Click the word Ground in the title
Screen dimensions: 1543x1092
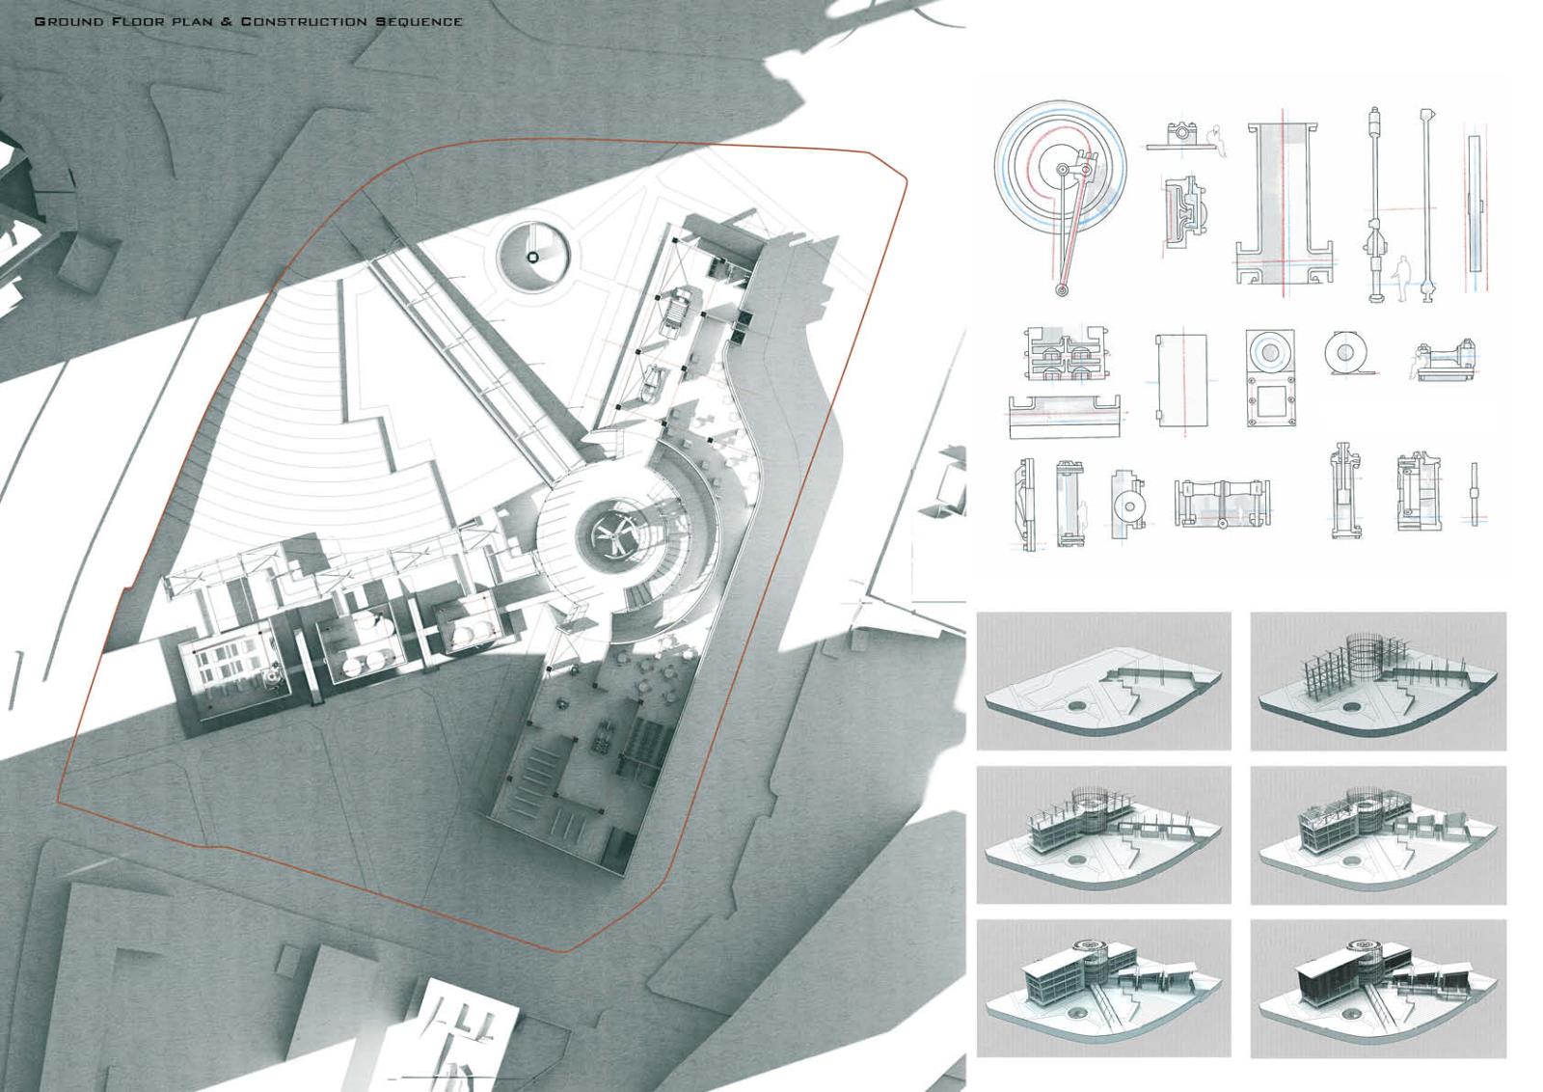point(68,21)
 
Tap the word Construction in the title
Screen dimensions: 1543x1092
point(303,21)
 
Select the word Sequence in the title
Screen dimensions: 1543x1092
point(419,21)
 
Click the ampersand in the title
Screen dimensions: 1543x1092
point(227,21)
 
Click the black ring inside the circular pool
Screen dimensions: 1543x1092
point(532,257)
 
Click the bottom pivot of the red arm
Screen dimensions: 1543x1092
point(1062,290)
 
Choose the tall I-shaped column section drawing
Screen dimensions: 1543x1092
point(1283,205)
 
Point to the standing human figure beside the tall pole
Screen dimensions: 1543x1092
point(1401,279)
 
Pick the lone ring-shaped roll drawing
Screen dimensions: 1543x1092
point(1344,353)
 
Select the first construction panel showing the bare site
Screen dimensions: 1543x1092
point(1103,681)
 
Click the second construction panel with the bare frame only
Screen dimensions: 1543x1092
point(1378,681)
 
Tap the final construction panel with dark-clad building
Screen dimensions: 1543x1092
point(1378,989)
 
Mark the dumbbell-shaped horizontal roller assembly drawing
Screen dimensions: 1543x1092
point(1222,504)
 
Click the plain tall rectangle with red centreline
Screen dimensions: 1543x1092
point(1182,380)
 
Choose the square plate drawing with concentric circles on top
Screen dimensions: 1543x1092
point(1271,377)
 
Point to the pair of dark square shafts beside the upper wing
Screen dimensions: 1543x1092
point(742,326)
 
